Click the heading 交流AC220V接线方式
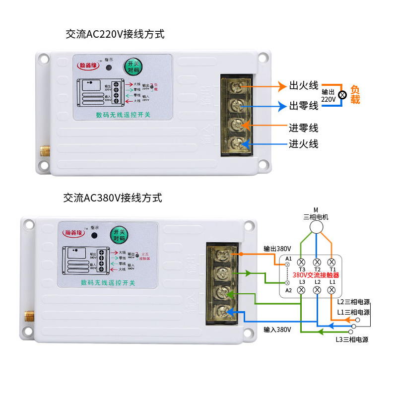pos(115,35)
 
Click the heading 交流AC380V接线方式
pos(113,198)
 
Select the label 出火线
pos(304,86)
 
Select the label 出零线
pos(304,106)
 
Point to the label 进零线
pos(304,128)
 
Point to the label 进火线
pos(304,144)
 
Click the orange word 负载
pos(355,94)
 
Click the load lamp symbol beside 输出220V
pos(342,95)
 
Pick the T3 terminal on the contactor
pos(301,262)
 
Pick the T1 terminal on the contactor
pos(332,262)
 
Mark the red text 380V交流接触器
pos(316,275)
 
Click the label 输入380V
pos(277,330)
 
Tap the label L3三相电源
pos(352,339)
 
